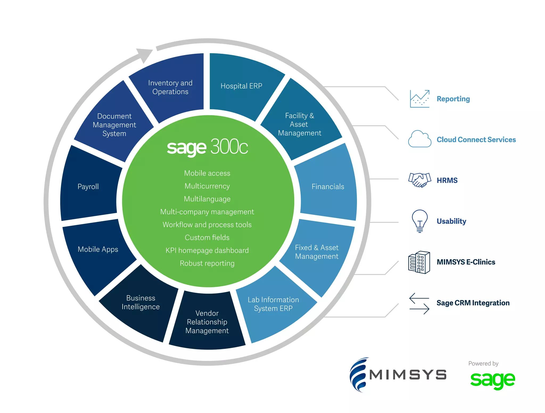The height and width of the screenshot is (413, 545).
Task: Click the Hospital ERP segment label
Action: (241, 86)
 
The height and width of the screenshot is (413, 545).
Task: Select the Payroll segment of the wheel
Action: (88, 186)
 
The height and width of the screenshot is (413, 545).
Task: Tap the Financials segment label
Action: (328, 186)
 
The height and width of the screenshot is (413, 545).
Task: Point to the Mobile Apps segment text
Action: (98, 249)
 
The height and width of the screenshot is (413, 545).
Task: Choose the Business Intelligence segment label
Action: (141, 302)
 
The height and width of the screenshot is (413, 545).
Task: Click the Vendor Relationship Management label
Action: (207, 322)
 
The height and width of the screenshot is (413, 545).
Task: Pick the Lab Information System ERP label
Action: (273, 304)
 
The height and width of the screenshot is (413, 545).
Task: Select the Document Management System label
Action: (114, 125)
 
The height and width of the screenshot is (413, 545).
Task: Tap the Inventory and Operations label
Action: (170, 87)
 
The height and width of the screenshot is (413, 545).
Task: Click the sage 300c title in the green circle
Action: (207, 147)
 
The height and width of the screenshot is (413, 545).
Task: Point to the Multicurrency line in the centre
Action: (207, 186)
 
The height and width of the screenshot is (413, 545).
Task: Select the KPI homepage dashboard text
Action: (207, 250)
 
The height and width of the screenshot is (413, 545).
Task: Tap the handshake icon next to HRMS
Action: (420, 180)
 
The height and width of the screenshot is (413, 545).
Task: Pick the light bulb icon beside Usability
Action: (420, 221)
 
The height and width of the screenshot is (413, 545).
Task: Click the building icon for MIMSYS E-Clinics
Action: (419, 262)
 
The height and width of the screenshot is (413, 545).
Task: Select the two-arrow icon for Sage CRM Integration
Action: (419, 303)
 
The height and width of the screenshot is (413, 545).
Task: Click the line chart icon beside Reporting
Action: (420, 99)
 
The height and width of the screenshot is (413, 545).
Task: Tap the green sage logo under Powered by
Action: (493, 380)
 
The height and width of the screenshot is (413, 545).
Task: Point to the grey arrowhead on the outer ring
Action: (145, 55)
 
